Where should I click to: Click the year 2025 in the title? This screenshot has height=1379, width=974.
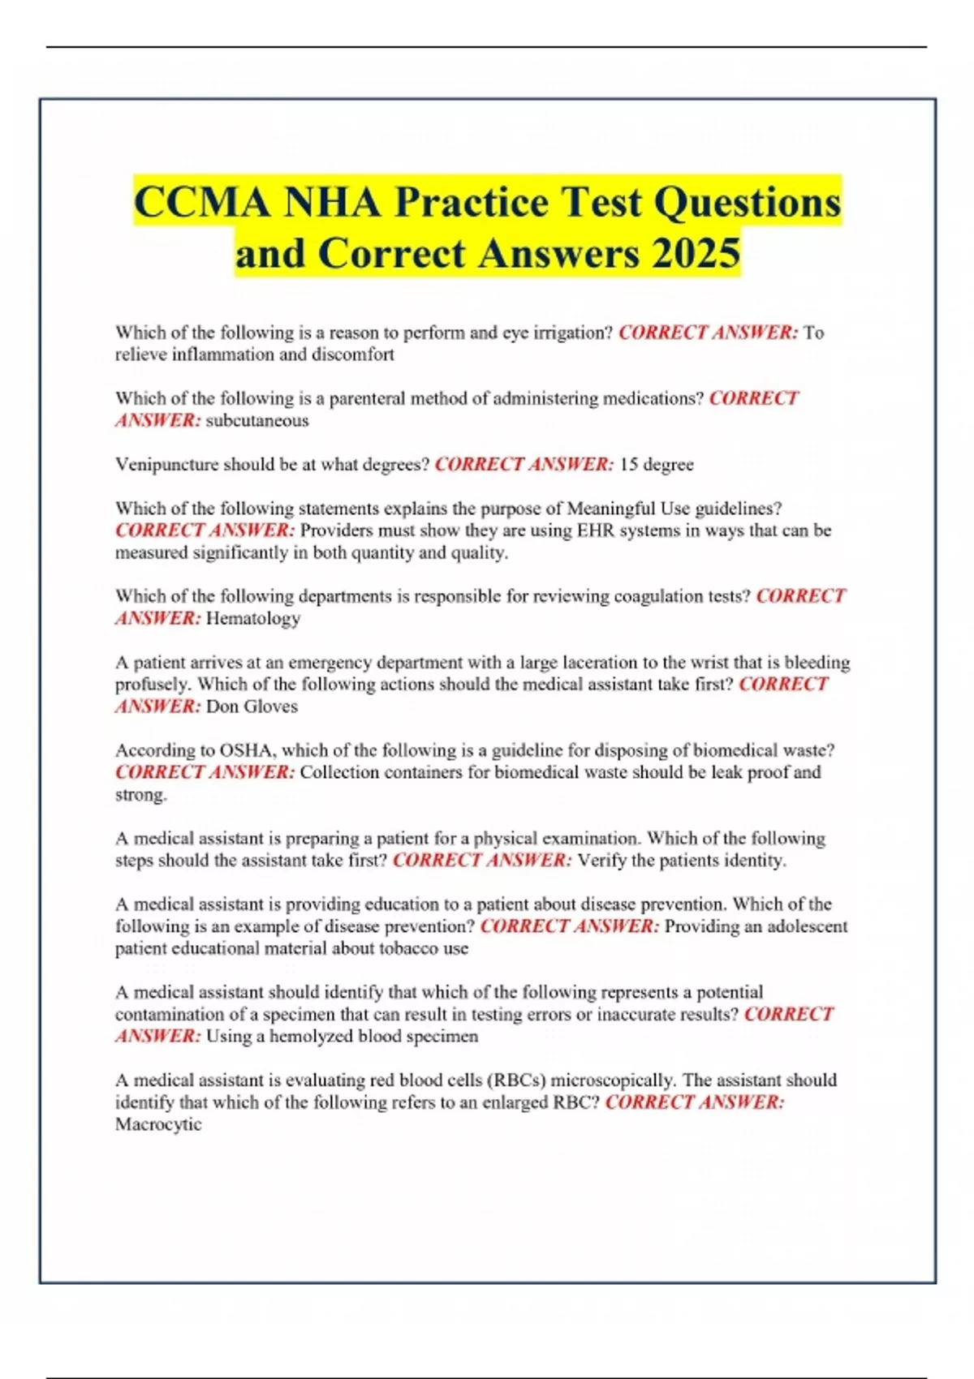[695, 253]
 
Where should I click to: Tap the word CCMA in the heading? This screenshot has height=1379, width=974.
[201, 202]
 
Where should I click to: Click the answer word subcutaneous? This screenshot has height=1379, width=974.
[257, 420]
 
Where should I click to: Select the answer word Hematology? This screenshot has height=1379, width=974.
[253, 618]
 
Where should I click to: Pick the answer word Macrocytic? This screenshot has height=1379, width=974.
[158, 1124]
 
